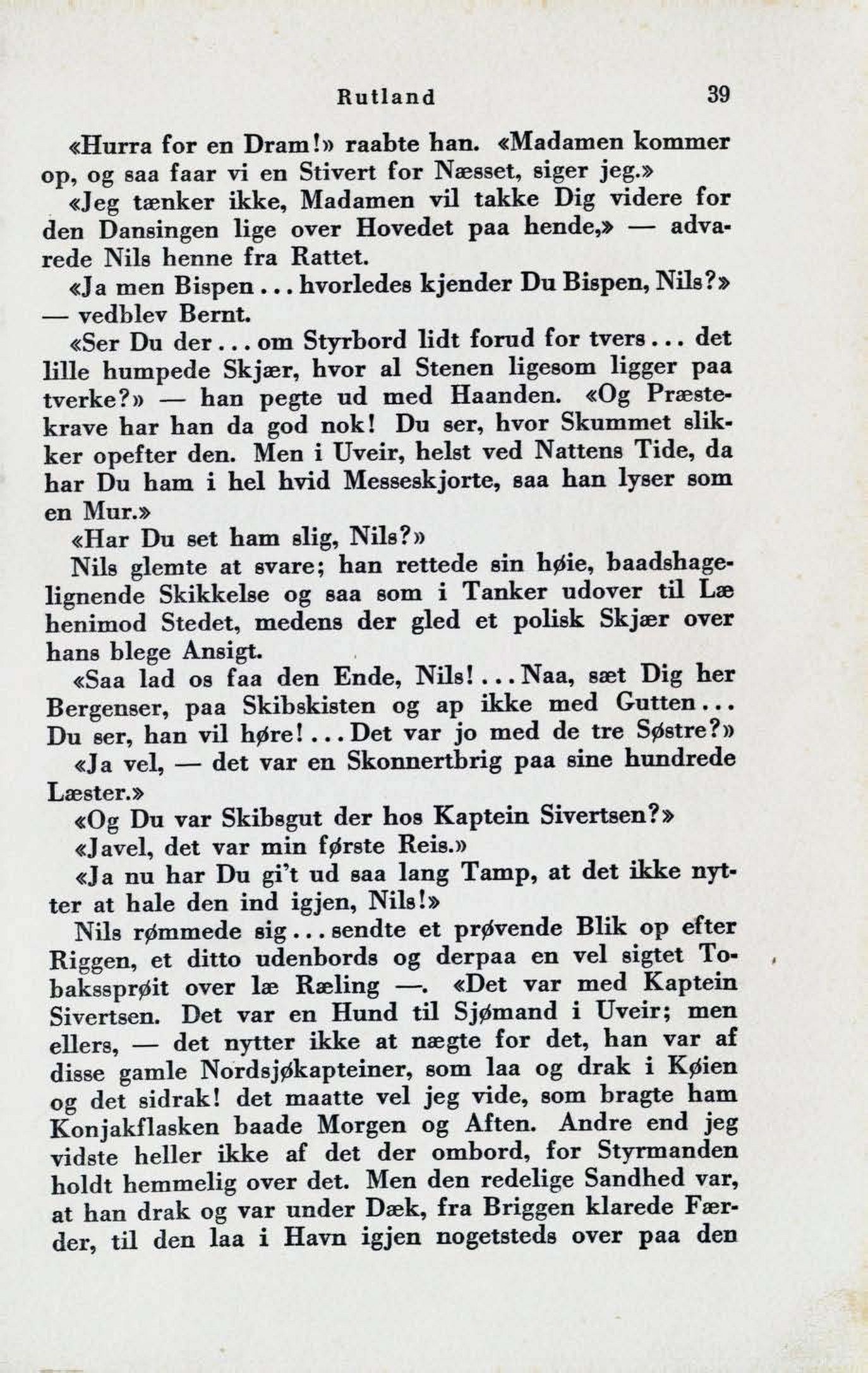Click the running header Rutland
point(386,97)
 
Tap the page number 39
point(718,95)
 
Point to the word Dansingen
point(158,230)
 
